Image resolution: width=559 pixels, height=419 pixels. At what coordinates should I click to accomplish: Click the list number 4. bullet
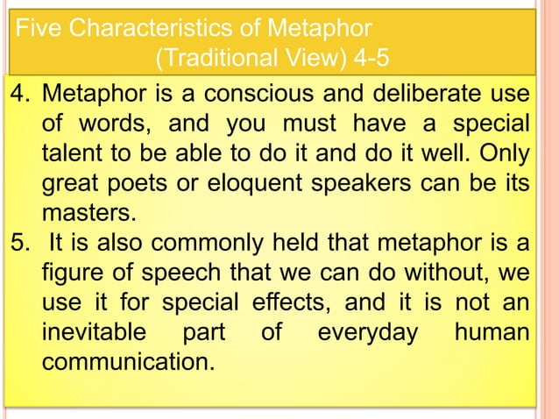point(20,92)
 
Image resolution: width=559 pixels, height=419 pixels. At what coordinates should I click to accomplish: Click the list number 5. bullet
point(20,239)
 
